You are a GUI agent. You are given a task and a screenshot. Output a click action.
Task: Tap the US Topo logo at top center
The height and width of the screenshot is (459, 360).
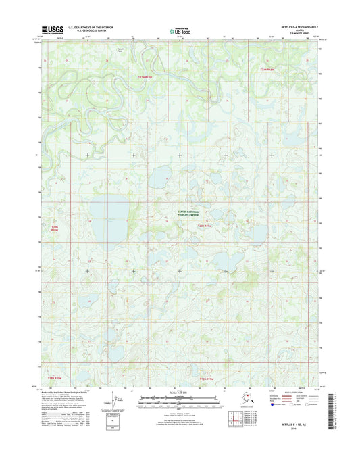pos(179,30)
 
